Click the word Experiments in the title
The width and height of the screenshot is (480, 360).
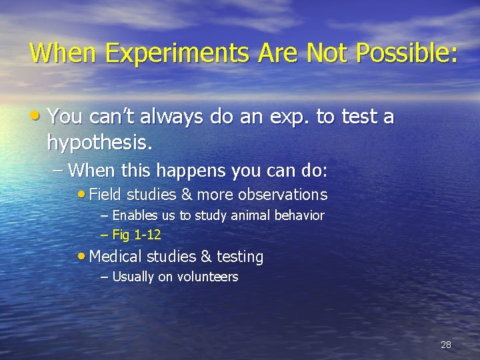pos(141,53)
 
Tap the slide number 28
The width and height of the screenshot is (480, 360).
pos(446,345)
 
